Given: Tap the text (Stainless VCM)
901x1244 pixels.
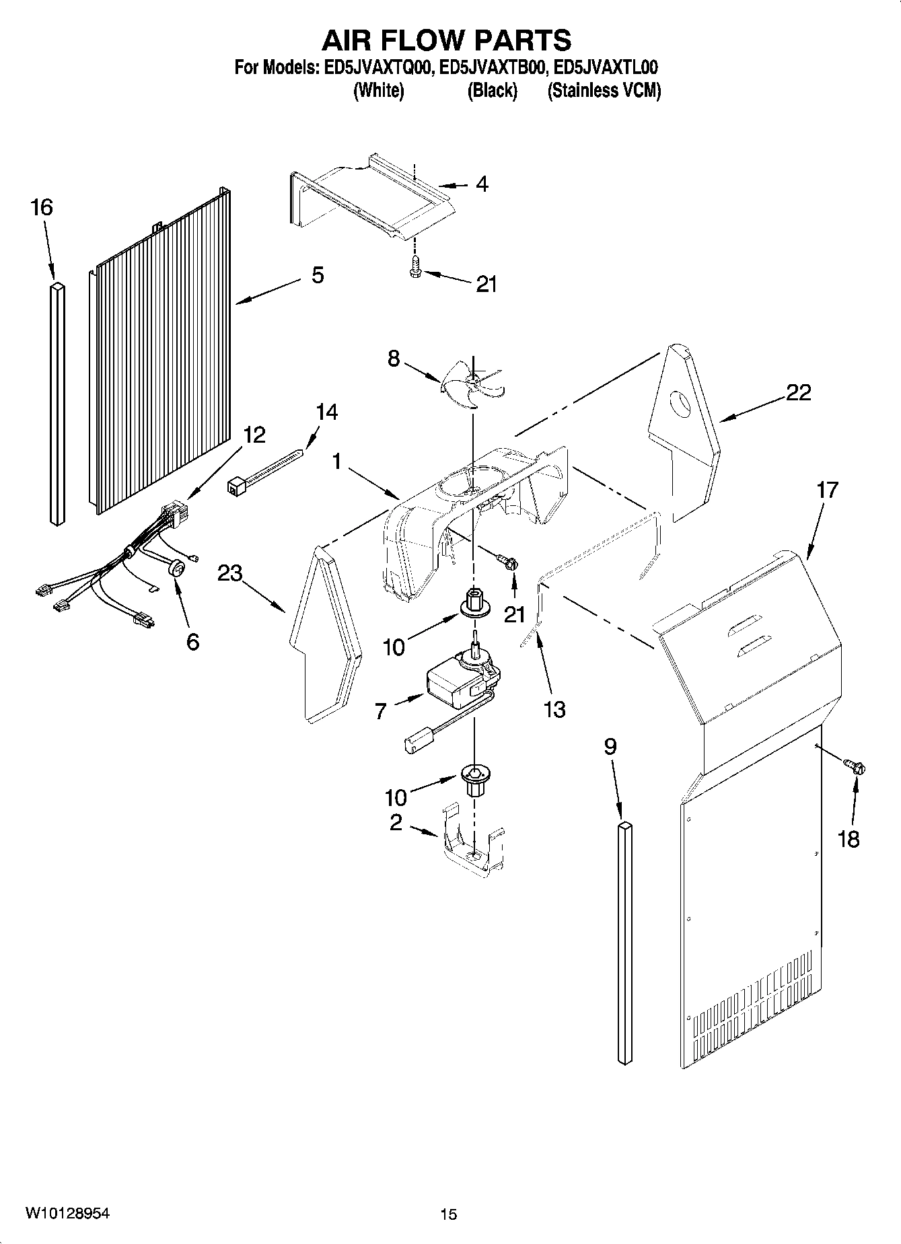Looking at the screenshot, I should pyautogui.click(x=604, y=91).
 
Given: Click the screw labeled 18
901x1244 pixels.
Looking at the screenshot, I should pyautogui.click(x=855, y=766).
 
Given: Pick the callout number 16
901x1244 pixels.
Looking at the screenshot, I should pyautogui.click(x=42, y=207).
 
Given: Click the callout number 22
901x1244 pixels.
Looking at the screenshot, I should pyautogui.click(x=798, y=392).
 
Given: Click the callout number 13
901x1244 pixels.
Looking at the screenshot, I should pyautogui.click(x=554, y=709).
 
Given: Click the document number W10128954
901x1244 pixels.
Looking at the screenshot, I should pyautogui.click(x=67, y=1213).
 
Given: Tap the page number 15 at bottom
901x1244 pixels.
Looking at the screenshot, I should pyautogui.click(x=449, y=1214).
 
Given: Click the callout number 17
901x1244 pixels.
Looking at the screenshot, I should pyautogui.click(x=827, y=490).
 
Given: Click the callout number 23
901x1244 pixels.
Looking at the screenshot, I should pyautogui.click(x=229, y=573).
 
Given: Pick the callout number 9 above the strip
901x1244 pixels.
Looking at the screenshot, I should pyautogui.click(x=610, y=747).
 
